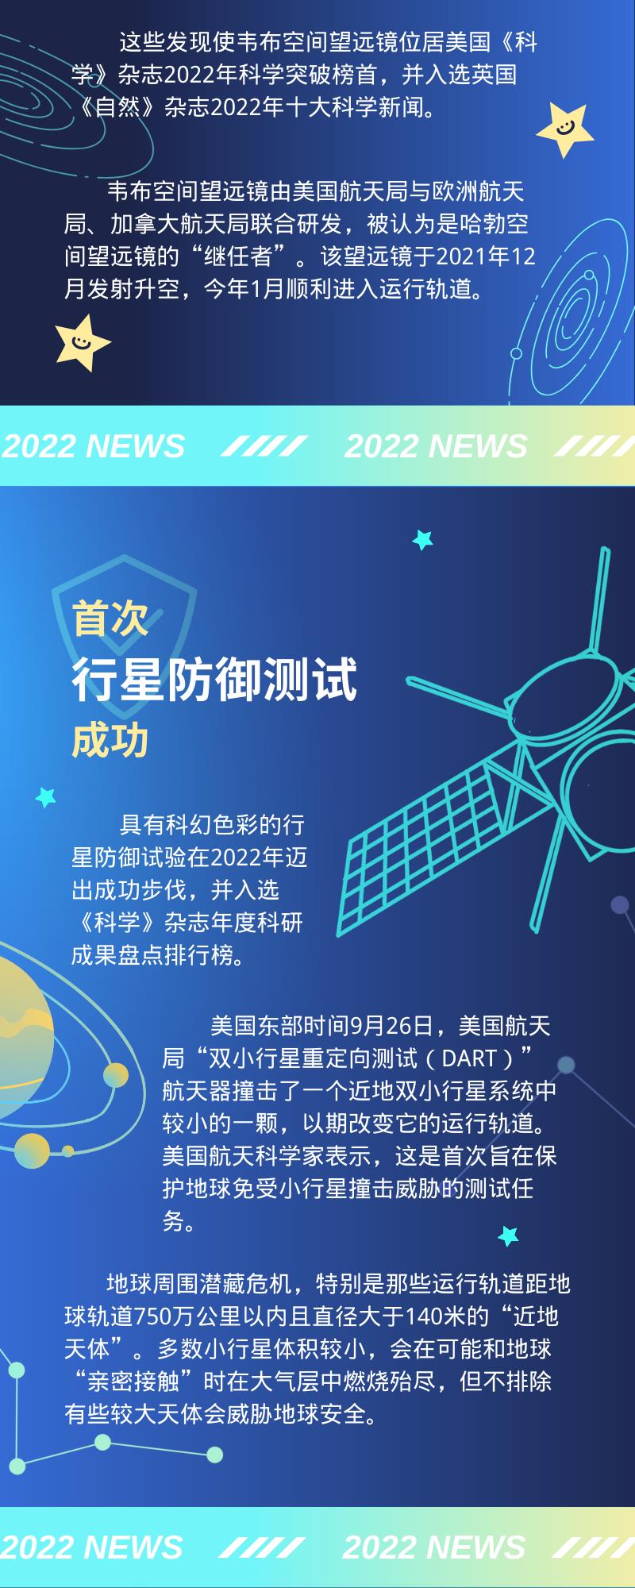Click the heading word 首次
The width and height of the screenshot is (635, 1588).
[110, 618]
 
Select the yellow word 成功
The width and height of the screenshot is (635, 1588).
[110, 740]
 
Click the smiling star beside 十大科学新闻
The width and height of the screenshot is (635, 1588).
[565, 129]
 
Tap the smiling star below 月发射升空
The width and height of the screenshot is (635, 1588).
[83, 343]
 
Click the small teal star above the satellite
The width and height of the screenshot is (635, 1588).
[422, 540]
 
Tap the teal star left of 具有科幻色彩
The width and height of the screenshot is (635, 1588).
[46, 796]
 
